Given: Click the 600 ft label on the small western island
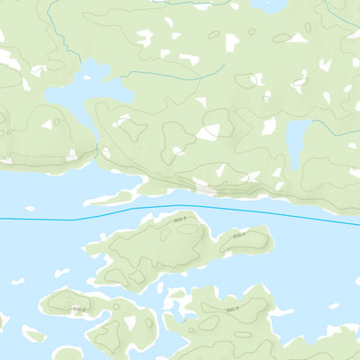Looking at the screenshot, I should [x=79, y=310].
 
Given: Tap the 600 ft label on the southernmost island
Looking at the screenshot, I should [x=231, y=310].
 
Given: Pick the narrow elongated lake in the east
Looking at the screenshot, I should [x=296, y=137].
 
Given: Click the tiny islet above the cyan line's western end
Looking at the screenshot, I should [x=31, y=209].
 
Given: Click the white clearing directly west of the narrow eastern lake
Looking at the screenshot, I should [x=268, y=127].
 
